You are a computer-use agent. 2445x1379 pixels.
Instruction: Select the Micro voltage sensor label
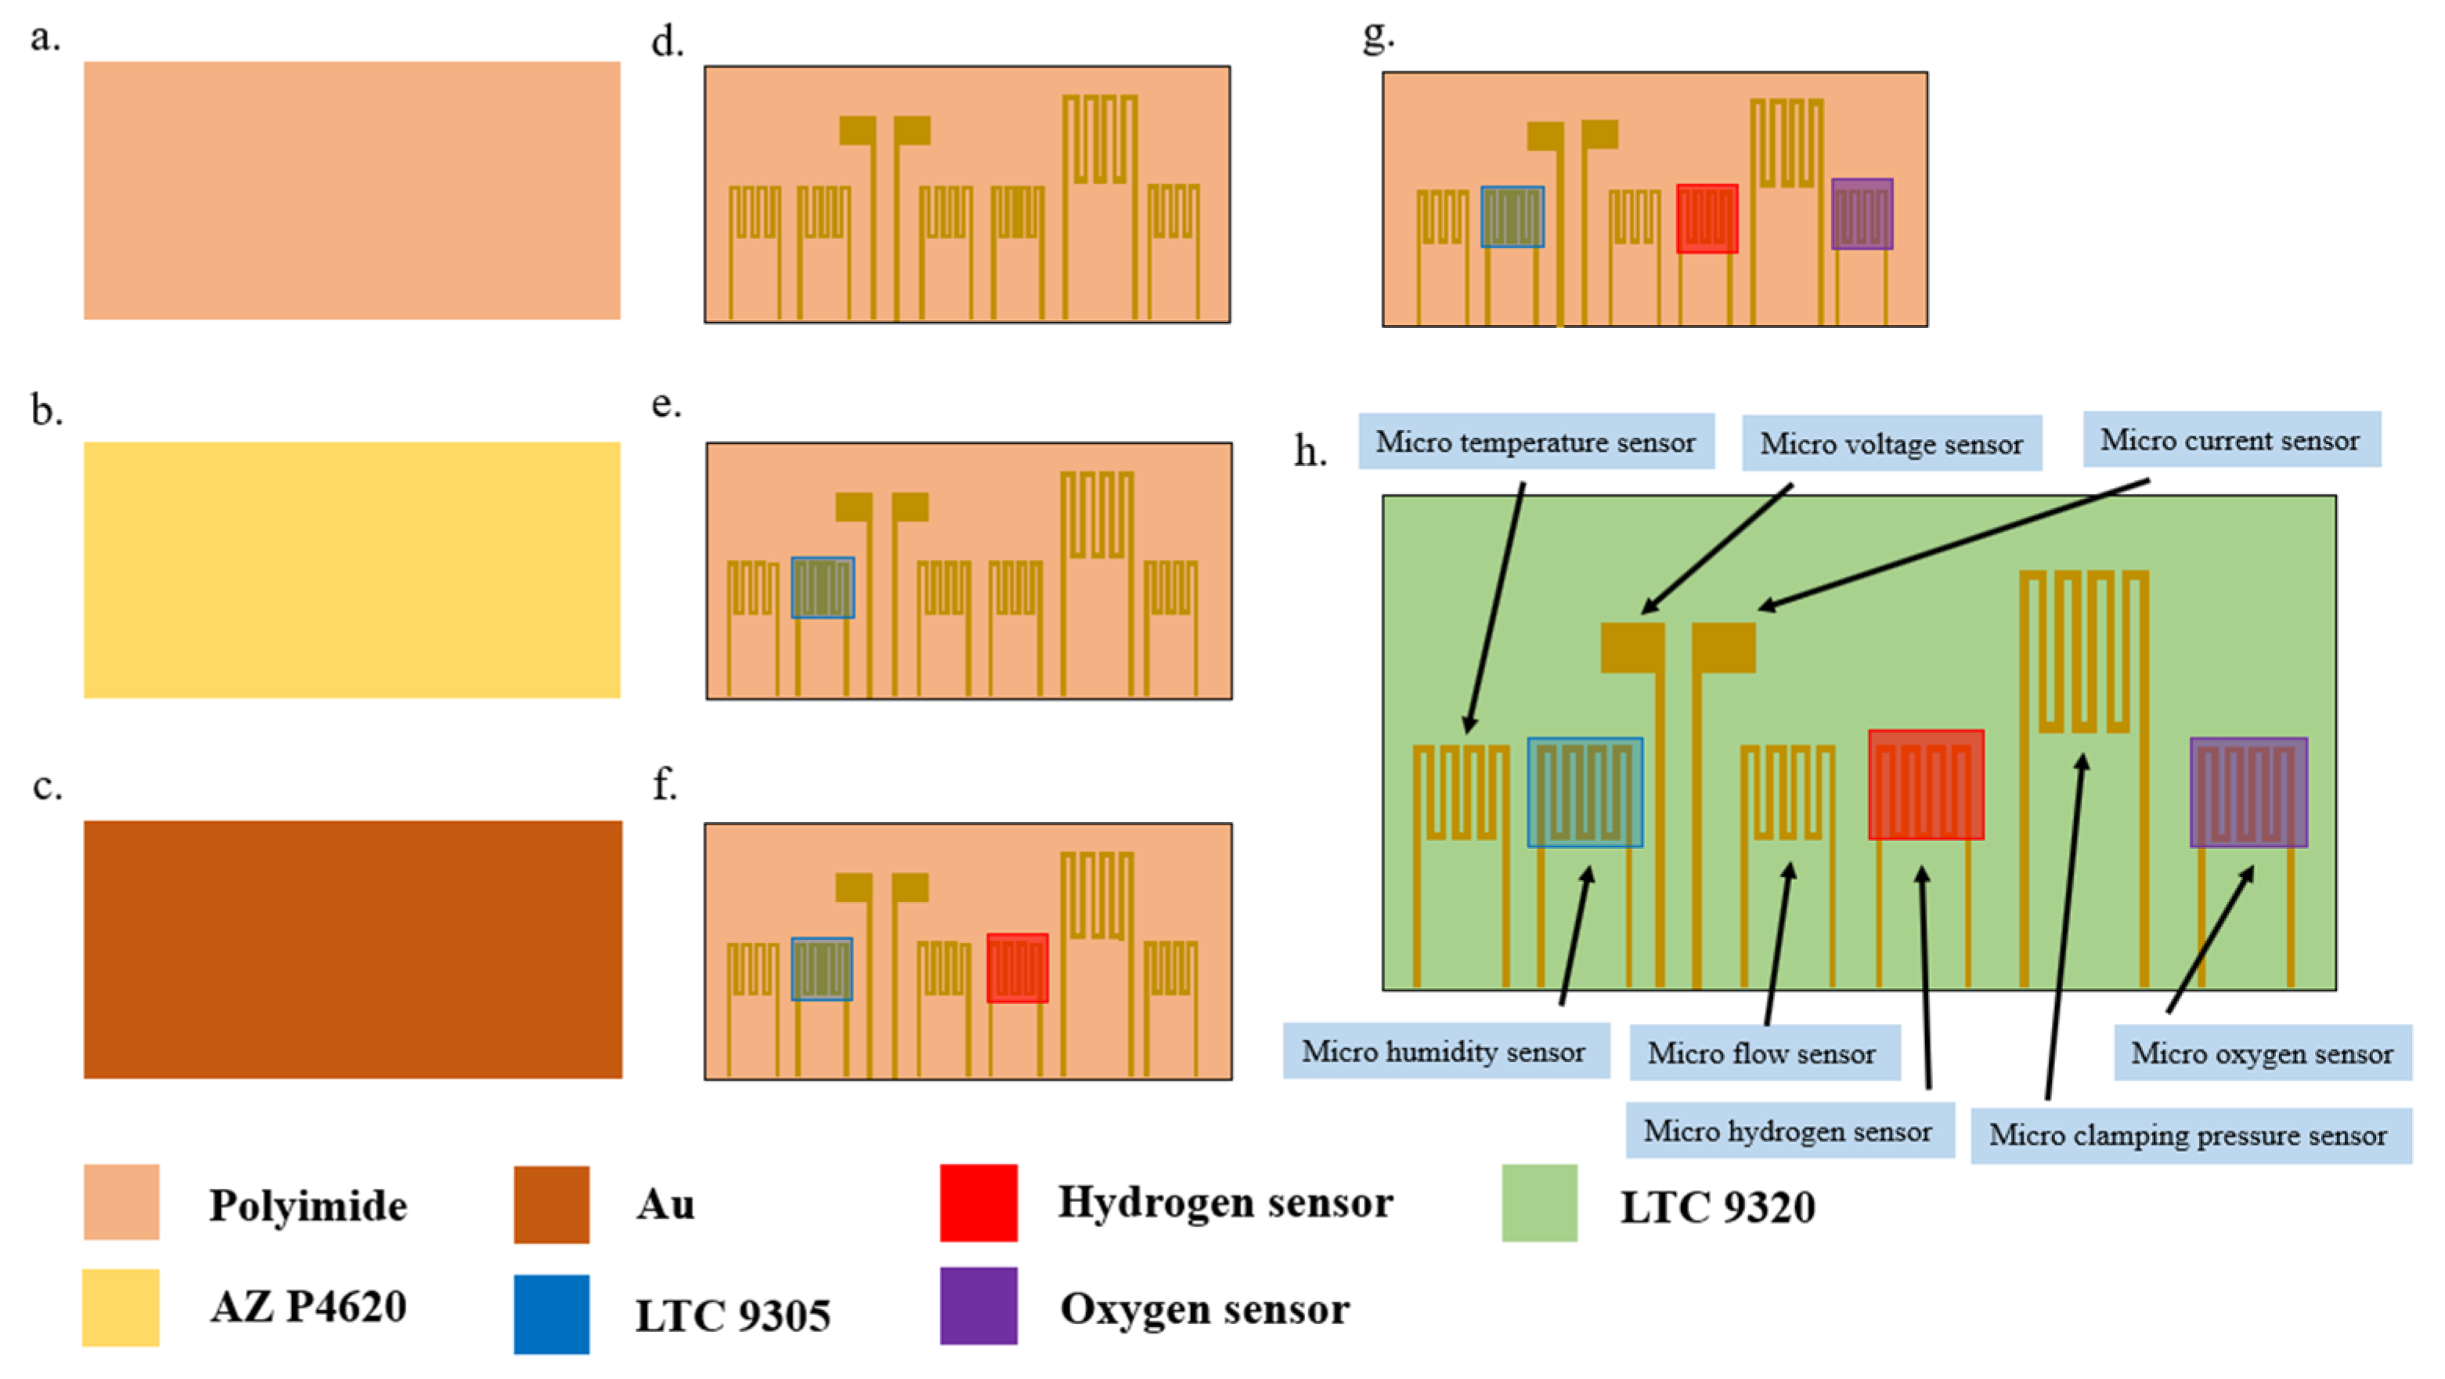point(1891,443)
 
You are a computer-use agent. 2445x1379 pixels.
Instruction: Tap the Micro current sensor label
point(2230,439)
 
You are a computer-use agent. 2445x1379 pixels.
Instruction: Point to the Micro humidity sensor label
point(1444,1051)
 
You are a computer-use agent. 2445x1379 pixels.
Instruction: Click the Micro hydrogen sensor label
point(1788,1130)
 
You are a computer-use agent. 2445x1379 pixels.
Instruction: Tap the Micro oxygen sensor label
point(2263,1052)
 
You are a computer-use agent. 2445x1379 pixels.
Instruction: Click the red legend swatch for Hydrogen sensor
point(979,1203)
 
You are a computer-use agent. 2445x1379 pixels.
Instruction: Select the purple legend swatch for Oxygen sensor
point(979,1306)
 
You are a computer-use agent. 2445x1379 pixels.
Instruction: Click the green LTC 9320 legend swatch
point(1538,1204)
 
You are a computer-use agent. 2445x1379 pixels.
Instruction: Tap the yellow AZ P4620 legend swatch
point(121,1307)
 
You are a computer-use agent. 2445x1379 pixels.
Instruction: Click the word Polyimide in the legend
point(308,1205)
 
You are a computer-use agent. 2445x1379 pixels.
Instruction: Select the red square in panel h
point(1926,784)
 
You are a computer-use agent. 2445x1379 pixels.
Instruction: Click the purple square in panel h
point(2248,792)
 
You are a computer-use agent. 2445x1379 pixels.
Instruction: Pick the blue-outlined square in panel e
point(823,587)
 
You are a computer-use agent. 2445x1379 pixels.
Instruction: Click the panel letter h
point(1311,452)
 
